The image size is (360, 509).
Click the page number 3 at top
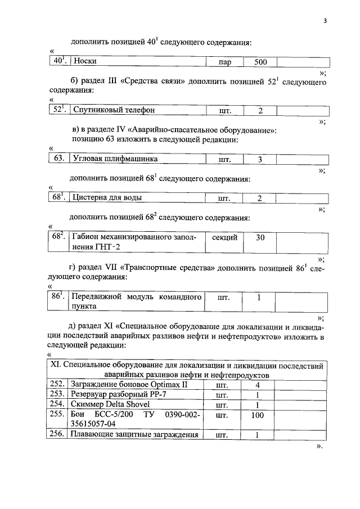tap(325, 21)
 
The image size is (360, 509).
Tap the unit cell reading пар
tap(226, 62)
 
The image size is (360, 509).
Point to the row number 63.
tap(58, 159)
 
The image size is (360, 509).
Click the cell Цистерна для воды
tap(107, 198)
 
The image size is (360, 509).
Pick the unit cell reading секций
tap(225, 237)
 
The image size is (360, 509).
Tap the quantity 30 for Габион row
tap(260, 237)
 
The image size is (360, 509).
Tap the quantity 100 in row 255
tap(256, 415)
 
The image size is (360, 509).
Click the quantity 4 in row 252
tap(257, 385)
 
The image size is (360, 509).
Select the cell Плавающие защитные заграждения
tap(136, 434)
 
